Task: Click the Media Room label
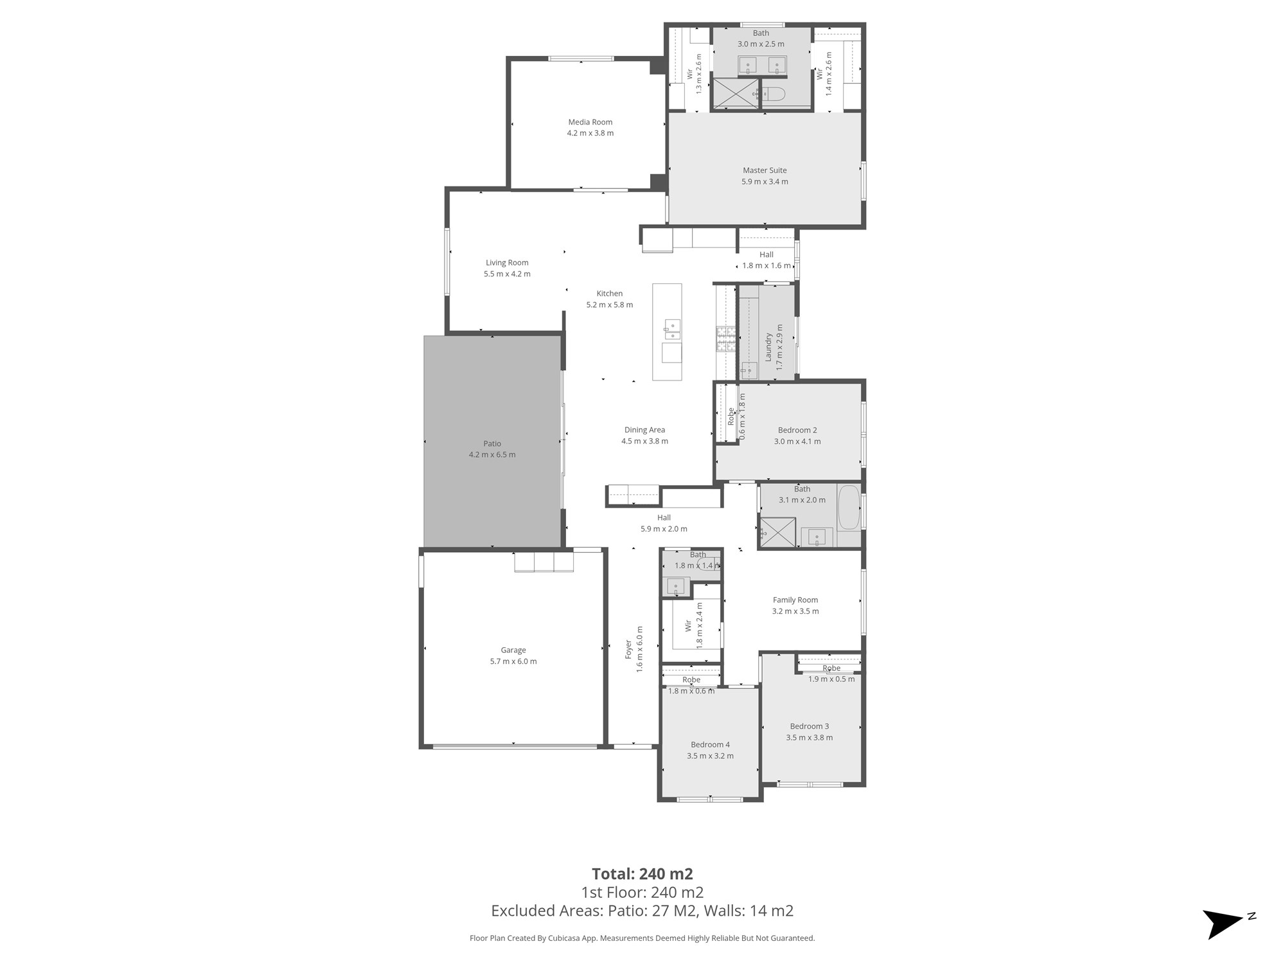590,122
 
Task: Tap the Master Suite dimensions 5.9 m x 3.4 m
765,182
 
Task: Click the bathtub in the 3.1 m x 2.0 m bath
849,507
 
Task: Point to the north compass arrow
1225,924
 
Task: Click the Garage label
513,650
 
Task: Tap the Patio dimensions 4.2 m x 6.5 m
492,455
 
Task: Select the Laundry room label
768,347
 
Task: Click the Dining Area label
644,430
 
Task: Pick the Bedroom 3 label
810,726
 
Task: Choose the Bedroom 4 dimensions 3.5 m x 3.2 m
710,756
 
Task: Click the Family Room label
795,600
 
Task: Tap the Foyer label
628,649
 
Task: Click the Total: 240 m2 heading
642,874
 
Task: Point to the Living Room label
507,263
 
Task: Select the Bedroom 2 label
797,431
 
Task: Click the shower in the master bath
736,94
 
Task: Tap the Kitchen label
609,294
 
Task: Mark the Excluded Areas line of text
642,911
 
